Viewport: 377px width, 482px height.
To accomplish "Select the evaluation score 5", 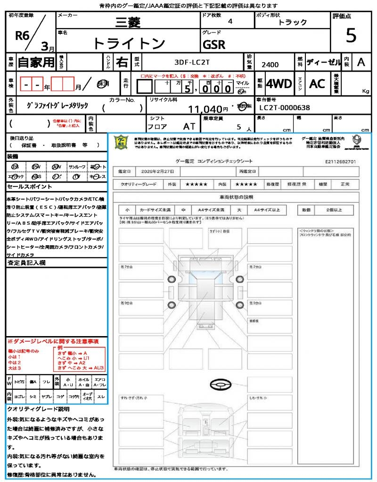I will click(351, 35).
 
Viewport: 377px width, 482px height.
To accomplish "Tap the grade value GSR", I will click(214, 45).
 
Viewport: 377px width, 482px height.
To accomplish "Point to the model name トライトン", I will click(129, 43).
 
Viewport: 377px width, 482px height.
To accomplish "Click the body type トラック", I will click(292, 22).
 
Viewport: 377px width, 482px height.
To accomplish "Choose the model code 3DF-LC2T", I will click(192, 62).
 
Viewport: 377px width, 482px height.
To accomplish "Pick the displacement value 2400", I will click(270, 65).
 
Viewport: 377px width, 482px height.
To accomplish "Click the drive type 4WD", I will click(279, 84).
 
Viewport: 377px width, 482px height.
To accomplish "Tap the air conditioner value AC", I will click(317, 84).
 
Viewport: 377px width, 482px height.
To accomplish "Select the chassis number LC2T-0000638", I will click(285, 108).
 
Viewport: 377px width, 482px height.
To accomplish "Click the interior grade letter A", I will click(361, 62).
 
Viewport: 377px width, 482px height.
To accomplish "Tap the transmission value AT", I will click(189, 126).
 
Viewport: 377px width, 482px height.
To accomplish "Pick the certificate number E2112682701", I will click(340, 161).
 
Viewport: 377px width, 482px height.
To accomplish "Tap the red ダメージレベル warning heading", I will click(52, 341).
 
